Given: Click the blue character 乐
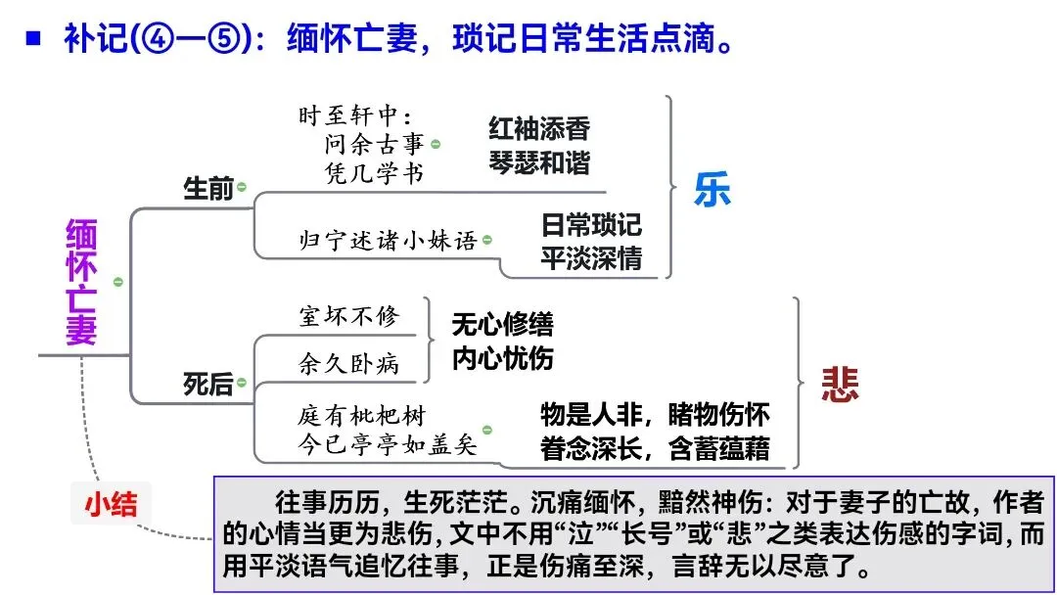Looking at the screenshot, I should [x=712, y=190].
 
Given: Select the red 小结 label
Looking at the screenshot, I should [x=110, y=504].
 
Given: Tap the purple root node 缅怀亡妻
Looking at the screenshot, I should [x=81, y=282].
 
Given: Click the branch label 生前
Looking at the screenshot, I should [x=208, y=189].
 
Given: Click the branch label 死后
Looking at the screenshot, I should [x=208, y=385].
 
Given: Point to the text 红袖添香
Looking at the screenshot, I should [x=539, y=129].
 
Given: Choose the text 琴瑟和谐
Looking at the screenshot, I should [x=539, y=162].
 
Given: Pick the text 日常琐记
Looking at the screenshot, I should [x=591, y=225].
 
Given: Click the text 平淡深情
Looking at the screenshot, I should [x=591, y=258].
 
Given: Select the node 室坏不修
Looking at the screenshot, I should [x=349, y=316].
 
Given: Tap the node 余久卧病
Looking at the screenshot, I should [x=349, y=363].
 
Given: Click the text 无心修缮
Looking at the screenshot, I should [x=502, y=325].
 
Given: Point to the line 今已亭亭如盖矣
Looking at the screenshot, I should [x=388, y=445].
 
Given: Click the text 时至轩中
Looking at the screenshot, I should [x=357, y=115].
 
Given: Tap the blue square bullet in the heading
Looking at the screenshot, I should [x=33, y=40].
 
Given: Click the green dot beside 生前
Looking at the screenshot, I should [x=242, y=186].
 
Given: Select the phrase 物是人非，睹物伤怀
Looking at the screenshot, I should [x=655, y=415].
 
